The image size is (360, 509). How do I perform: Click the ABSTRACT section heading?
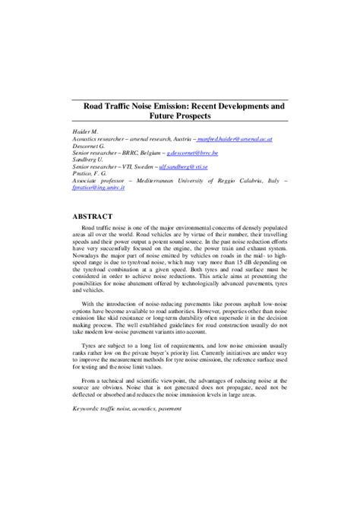click(x=90, y=217)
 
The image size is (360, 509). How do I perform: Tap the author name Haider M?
click(x=75, y=132)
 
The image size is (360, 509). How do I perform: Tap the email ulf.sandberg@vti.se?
click(x=208, y=166)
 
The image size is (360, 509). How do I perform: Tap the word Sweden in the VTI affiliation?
click(x=164, y=166)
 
